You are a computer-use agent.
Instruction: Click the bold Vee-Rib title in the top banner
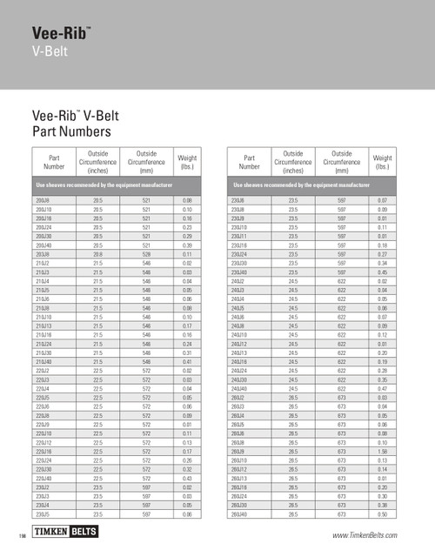click(60, 34)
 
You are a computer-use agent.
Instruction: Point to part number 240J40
click(238, 387)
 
